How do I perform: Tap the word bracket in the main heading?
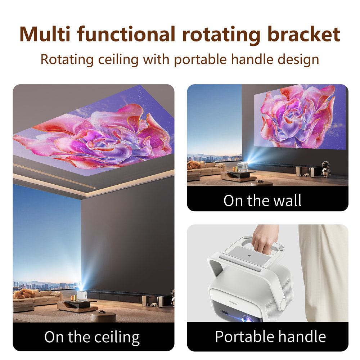tap(303, 34)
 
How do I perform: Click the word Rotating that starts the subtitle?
tap(67, 60)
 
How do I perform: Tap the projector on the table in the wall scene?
tap(243, 167)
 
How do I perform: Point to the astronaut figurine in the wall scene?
tap(325, 169)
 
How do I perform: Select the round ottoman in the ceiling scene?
tap(103, 316)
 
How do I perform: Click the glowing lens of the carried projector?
tap(247, 319)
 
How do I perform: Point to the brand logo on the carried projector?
tap(234, 303)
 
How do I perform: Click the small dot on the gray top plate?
tap(249, 255)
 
